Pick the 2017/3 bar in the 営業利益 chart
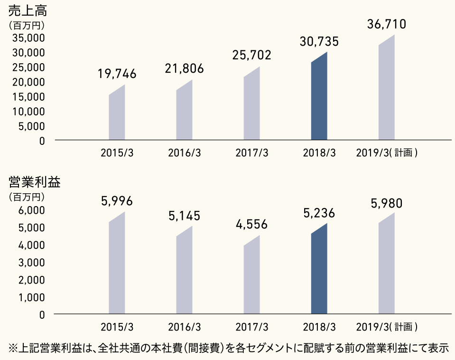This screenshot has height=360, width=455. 251,278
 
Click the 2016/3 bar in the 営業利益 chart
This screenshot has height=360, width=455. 184,273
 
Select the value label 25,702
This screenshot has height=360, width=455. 251,55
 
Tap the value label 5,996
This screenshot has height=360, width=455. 117,201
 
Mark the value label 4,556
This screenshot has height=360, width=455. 251,224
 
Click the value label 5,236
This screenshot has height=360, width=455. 319,213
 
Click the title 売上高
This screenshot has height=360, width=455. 23,10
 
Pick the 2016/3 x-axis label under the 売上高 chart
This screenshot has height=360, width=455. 184,153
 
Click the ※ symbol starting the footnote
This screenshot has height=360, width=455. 13,348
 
